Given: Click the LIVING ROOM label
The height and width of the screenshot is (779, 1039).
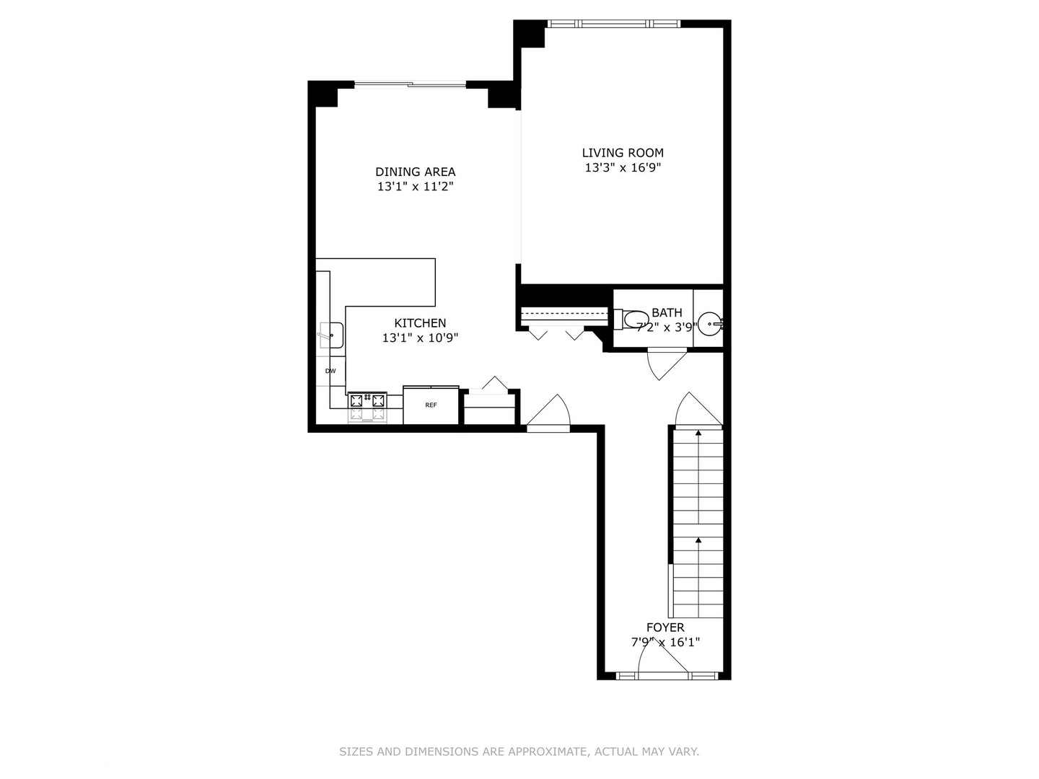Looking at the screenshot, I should [622, 153].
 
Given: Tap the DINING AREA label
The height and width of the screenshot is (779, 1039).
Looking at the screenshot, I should [415, 172].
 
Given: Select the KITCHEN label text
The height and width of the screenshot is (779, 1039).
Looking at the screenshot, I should [420, 323].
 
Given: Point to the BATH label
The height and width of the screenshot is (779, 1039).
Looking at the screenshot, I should [666, 313].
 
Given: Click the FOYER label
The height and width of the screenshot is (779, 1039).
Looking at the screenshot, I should [665, 628].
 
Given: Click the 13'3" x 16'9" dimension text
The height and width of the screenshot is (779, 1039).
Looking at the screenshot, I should [622, 168].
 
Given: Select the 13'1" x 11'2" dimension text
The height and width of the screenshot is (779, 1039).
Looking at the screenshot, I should [415, 187].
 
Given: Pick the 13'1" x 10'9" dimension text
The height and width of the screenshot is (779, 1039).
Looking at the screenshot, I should [420, 338].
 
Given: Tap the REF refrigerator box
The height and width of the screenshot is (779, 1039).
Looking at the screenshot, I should [431, 405].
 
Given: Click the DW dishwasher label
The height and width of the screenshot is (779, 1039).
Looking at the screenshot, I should [330, 371].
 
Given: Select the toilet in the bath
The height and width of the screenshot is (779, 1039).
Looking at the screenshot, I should [632, 320].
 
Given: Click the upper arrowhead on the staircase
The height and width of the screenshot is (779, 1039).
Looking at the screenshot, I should [698, 433].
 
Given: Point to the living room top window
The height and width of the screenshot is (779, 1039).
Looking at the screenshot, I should [613, 24].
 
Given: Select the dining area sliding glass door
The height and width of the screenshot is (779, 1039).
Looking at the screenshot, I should [409, 84].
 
